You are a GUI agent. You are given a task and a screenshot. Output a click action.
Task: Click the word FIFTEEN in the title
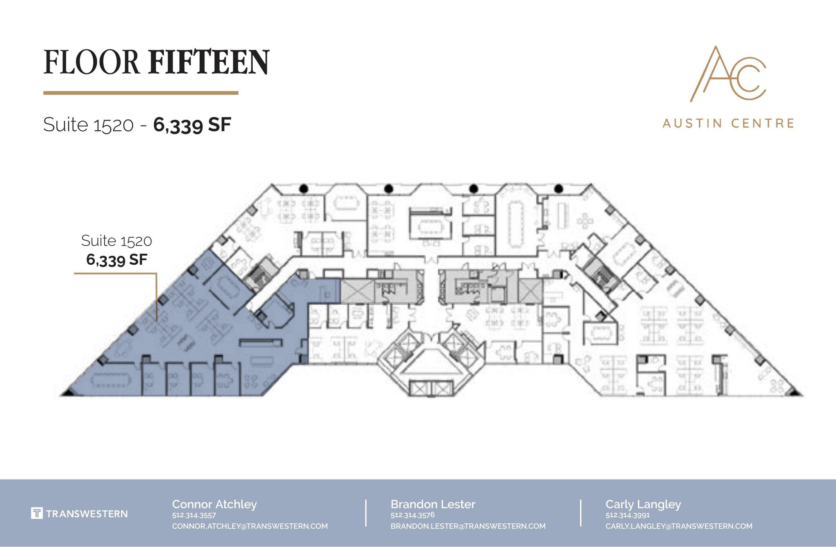coord(209,62)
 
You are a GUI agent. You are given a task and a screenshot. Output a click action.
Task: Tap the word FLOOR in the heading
coord(91,62)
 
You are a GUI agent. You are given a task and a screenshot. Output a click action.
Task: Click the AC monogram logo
coord(728,74)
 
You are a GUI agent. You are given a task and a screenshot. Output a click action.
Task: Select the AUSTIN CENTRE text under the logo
coord(728,123)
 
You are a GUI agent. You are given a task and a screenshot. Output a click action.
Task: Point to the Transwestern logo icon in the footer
coord(37,514)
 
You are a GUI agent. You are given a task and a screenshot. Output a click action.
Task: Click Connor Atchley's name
coord(214,504)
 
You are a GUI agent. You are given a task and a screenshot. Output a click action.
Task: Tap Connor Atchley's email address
coord(250,526)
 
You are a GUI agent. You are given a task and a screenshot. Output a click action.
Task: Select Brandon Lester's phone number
coord(412,515)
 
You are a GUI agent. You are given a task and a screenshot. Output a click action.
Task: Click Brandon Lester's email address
coord(468,526)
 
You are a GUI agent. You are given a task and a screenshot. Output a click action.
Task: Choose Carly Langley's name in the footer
coord(643,504)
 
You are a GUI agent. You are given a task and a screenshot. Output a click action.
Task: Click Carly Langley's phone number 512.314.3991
coord(627,515)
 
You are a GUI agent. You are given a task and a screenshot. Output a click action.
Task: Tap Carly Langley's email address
coord(679,526)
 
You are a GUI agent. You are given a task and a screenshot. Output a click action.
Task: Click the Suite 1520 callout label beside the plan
coord(116,241)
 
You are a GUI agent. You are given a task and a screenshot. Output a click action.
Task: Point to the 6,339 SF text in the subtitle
coord(192,125)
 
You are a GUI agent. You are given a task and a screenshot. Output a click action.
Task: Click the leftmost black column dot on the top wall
coord(303,188)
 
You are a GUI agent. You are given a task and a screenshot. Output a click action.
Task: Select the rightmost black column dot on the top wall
coord(559,188)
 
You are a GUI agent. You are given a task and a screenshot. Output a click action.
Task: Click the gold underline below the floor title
coord(141,93)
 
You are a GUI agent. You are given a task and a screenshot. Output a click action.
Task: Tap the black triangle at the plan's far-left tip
coord(67,393)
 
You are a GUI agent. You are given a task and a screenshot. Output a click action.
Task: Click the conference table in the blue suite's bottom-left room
coord(110,380)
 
